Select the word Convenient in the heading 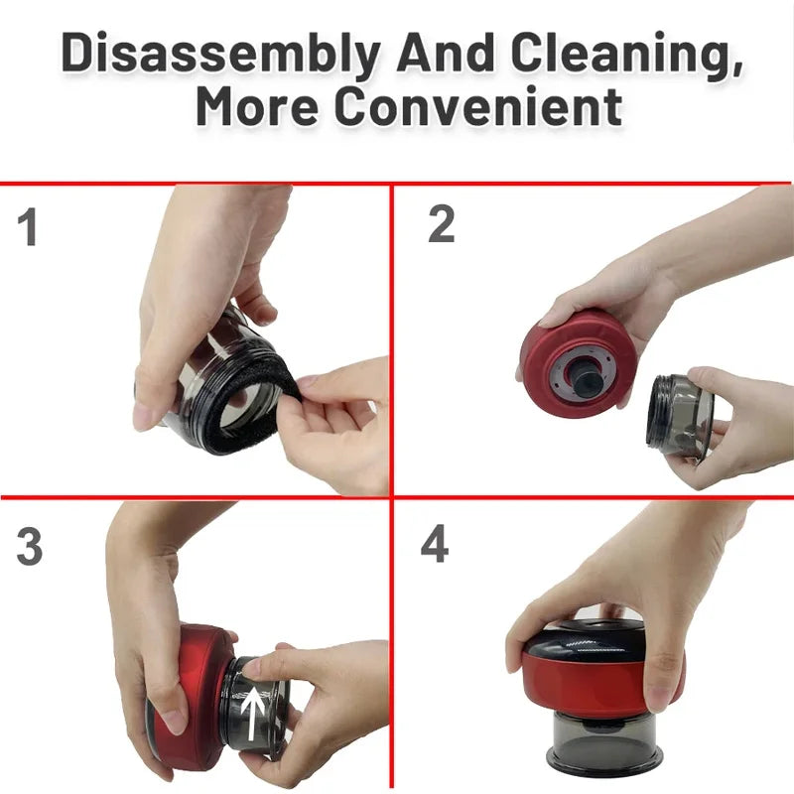pyautogui.click(x=478, y=106)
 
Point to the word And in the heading pyautogui.click(x=446, y=53)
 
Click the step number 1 pyautogui.click(x=28, y=226)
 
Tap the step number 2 pyautogui.click(x=441, y=223)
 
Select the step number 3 pyautogui.click(x=30, y=547)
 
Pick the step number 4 pyautogui.click(x=435, y=543)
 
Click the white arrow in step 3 pyautogui.click(x=252, y=713)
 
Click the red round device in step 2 pyautogui.click(x=578, y=364)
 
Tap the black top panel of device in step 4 pyautogui.click(x=588, y=643)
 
